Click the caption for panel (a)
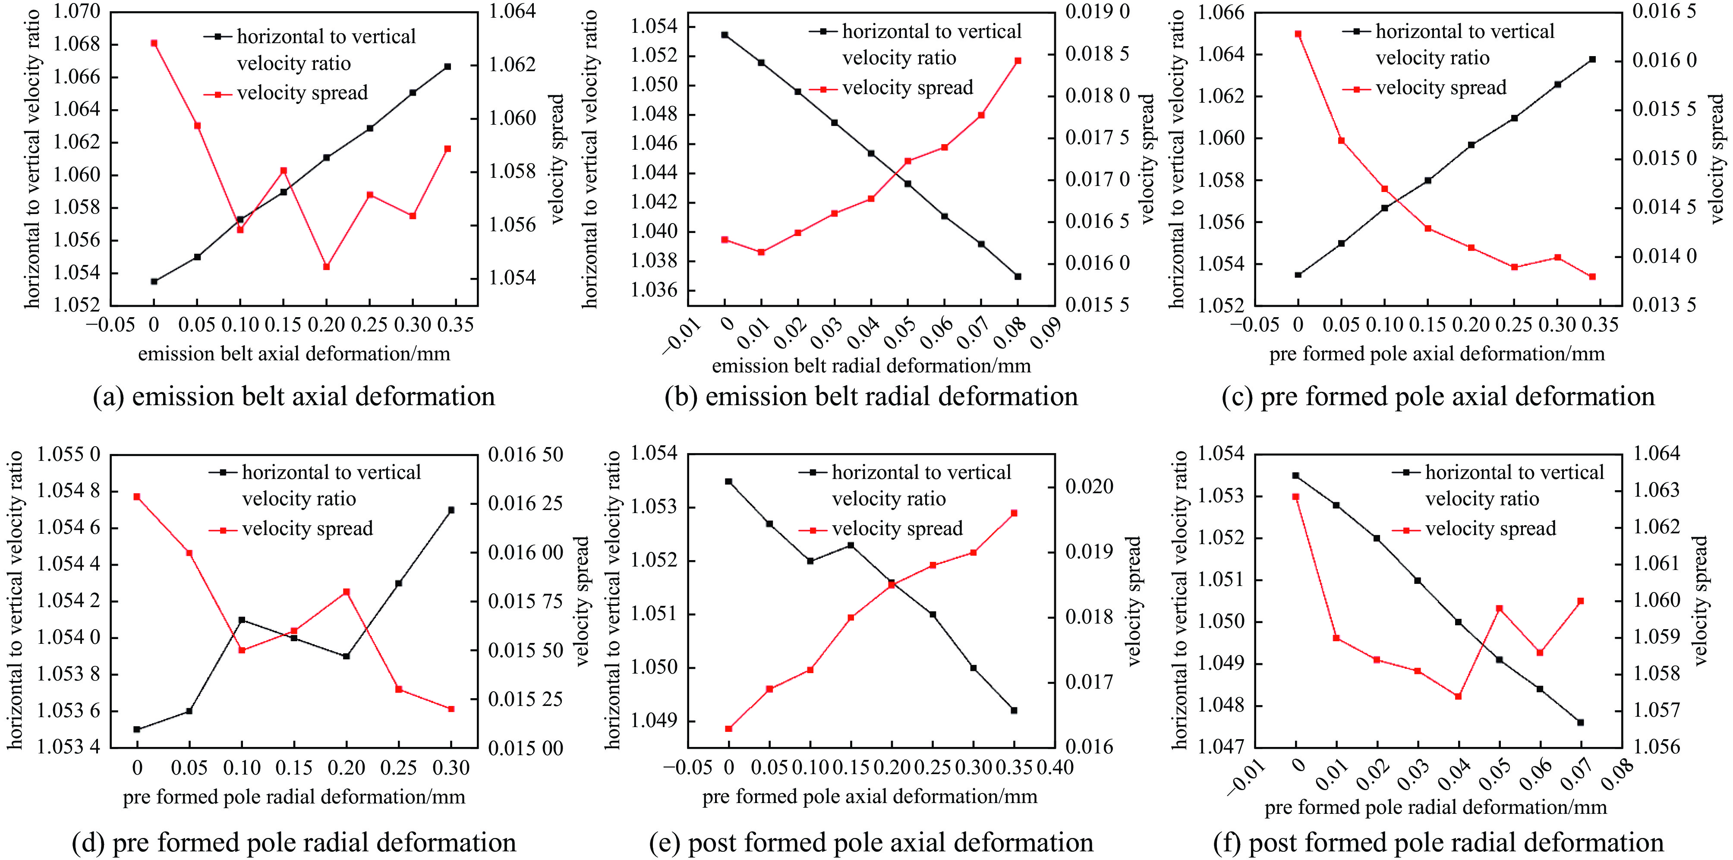coord(294,397)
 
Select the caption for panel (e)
coord(871,842)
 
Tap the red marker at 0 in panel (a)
coord(154,43)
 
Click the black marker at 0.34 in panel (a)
coord(448,66)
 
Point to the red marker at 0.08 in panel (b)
coord(1018,60)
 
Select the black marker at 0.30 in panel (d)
coord(451,510)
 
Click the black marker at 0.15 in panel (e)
coord(851,545)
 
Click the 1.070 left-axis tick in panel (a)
coord(77,12)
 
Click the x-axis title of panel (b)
coord(871,366)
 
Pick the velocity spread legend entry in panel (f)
coord(1490,529)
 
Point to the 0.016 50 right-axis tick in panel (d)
coord(526,455)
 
